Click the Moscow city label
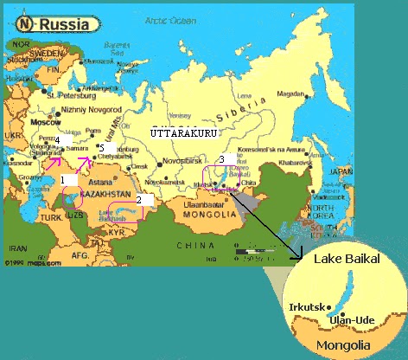tap(44, 122)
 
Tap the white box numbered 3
tap(222, 158)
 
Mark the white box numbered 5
tap(104, 149)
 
